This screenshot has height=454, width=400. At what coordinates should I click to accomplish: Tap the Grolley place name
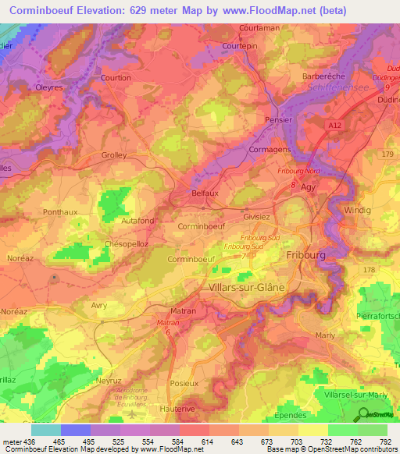coord(114,154)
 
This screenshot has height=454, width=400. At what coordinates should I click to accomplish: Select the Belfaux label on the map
coord(205,190)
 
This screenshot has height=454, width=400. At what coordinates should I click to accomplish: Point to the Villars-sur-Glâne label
coord(248,287)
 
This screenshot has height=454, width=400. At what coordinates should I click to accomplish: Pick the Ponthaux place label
coord(61,211)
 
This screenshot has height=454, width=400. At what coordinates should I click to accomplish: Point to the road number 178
coord(370,269)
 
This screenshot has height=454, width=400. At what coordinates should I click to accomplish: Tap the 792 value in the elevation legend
coord(385,442)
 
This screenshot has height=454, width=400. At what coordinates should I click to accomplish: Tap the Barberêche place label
coord(323,77)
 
